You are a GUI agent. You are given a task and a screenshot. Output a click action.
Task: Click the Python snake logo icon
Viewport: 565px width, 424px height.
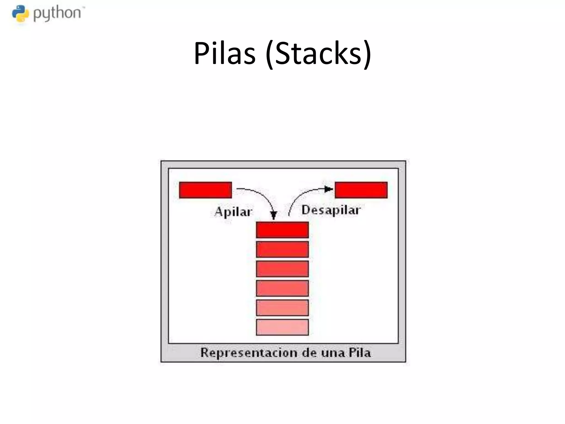point(20,14)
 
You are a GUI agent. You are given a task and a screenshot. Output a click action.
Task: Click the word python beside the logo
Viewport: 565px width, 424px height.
point(57,14)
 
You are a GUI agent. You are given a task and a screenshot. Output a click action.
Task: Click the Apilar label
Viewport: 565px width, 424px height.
point(233,212)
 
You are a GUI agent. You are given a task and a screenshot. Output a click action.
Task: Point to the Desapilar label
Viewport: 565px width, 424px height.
point(331,210)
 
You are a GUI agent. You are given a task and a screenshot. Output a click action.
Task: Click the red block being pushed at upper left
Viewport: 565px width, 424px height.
point(205,190)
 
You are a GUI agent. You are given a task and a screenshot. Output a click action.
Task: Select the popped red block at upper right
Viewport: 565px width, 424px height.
point(361,190)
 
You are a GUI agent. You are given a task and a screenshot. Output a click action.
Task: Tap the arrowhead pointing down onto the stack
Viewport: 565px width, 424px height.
point(273,215)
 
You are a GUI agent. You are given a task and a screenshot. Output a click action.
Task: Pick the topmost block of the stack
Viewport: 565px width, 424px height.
point(282,230)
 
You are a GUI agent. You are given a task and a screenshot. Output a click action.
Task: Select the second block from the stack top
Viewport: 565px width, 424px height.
point(282,249)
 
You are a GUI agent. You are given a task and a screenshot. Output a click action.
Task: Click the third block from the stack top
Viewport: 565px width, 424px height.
point(282,269)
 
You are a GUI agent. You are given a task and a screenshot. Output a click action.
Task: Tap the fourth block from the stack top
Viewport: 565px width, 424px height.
point(282,288)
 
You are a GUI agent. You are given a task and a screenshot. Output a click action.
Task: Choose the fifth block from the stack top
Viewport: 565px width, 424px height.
point(282,308)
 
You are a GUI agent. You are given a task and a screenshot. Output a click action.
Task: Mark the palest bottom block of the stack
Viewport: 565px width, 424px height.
point(282,327)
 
